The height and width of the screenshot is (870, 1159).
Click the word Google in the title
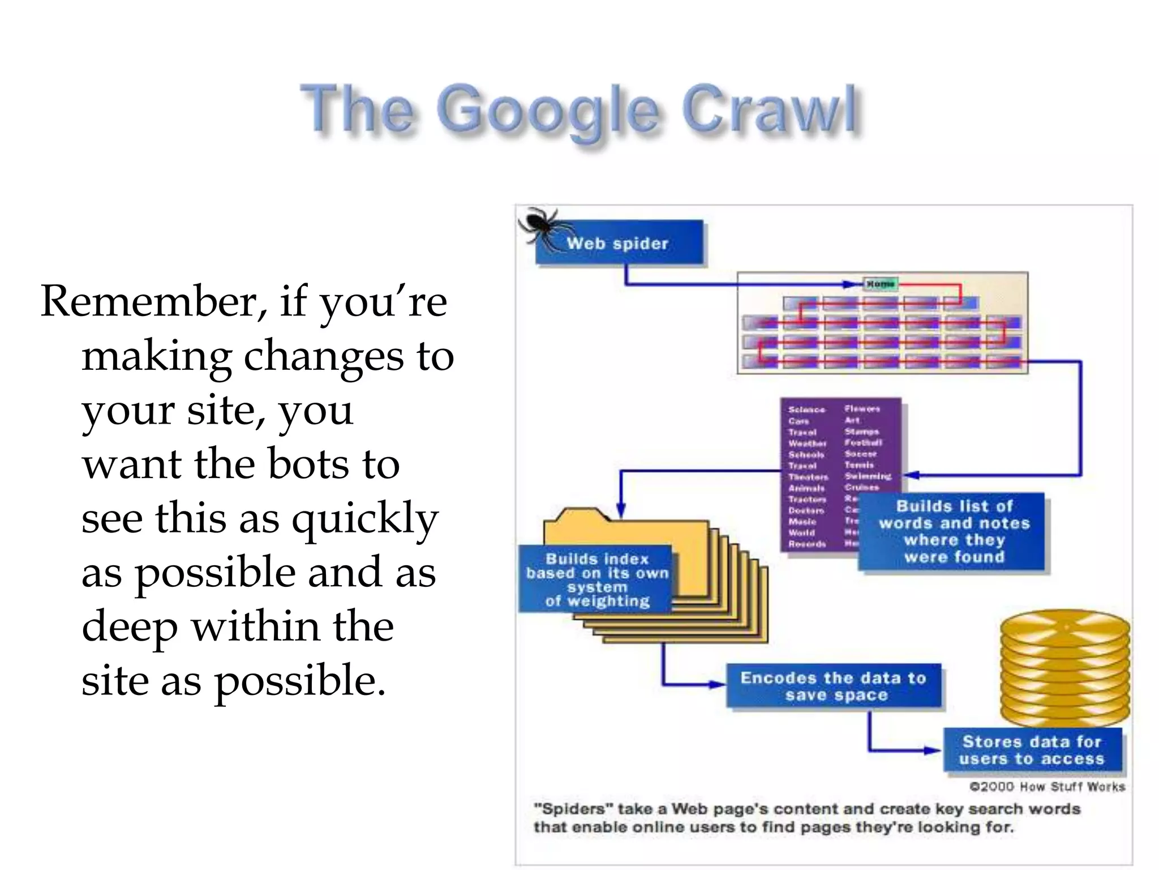pyautogui.click(x=548, y=110)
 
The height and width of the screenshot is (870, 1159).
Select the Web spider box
pyautogui.click(x=619, y=244)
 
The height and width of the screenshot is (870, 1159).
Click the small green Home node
pyautogui.click(x=880, y=284)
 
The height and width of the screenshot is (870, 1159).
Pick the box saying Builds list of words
pyautogui.click(x=954, y=531)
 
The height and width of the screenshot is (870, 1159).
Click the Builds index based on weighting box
pyautogui.click(x=596, y=579)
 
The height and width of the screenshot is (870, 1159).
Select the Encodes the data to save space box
pyautogui.click(x=834, y=686)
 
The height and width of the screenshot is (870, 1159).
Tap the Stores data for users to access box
pyautogui.click(x=1032, y=750)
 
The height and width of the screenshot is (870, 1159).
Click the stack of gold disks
pyautogui.click(x=1064, y=668)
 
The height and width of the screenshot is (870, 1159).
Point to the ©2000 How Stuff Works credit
pyautogui.click(x=1047, y=787)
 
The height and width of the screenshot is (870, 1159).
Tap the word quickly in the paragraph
pyautogui.click(x=365, y=518)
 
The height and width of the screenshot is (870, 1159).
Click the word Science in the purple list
pyautogui.click(x=806, y=410)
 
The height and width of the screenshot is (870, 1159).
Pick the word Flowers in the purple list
pyautogui.click(x=862, y=408)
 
